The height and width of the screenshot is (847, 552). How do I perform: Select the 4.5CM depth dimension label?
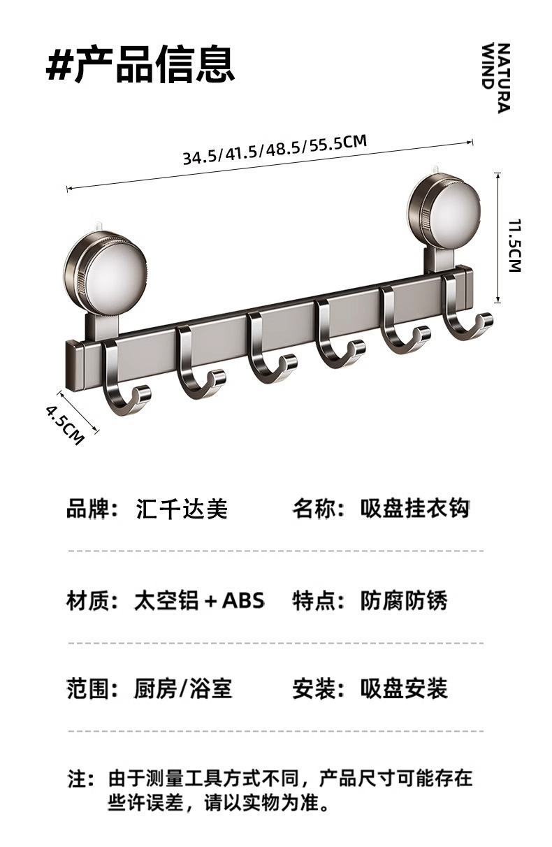tap(65, 423)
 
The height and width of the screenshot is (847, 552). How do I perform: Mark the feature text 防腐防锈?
tap(404, 600)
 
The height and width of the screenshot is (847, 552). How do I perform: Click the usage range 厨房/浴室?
tap(182, 690)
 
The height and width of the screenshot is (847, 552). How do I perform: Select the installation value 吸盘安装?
tap(404, 690)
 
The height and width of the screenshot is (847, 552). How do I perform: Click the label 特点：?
tap(319, 600)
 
